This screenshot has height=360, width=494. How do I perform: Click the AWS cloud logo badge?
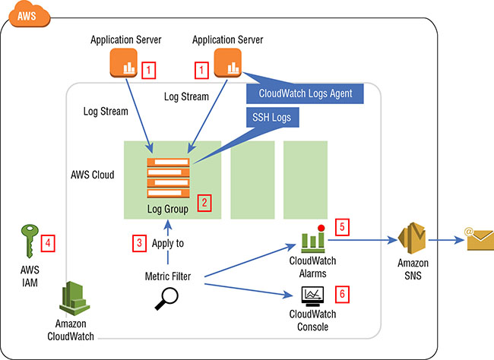(x=26, y=14)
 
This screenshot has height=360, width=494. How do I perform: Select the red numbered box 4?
(x=49, y=244)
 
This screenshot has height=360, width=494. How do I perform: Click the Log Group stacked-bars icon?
(x=169, y=176)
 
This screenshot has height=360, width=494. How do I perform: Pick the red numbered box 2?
(x=203, y=203)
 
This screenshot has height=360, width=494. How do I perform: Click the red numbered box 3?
(x=138, y=244)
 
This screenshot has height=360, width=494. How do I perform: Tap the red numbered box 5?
(x=342, y=226)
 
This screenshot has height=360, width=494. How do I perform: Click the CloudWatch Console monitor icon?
(x=312, y=294)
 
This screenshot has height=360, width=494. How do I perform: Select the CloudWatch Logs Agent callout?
(x=304, y=93)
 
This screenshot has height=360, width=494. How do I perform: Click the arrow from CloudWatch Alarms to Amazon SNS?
(x=364, y=240)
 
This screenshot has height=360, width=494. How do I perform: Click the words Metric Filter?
(x=166, y=276)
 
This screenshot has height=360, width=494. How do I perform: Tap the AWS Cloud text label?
(x=92, y=175)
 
